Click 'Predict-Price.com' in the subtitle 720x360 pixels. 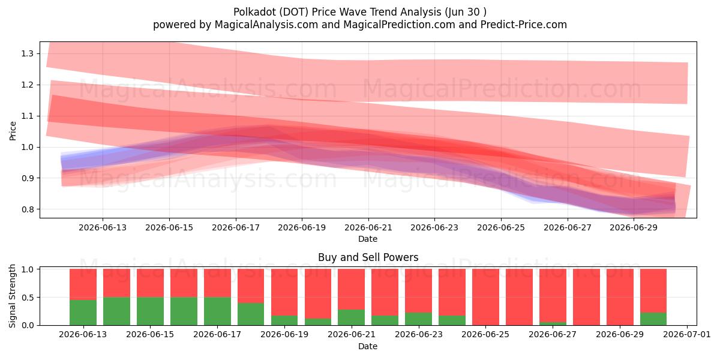click(x=524, y=25)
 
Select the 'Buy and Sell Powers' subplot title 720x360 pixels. click(x=368, y=257)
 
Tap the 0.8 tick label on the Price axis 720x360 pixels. click(x=28, y=209)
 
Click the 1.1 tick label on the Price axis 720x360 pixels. click(x=28, y=116)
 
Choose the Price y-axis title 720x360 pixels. click(x=13, y=131)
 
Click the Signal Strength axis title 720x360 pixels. click(x=12, y=296)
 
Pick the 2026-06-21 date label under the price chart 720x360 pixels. click(x=368, y=227)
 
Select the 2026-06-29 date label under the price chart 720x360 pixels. click(x=634, y=227)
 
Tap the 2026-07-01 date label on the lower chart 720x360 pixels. click(x=687, y=334)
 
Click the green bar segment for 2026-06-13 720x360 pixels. click(x=83, y=313)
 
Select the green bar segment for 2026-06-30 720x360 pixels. click(x=653, y=319)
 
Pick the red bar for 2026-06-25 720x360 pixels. click(x=485, y=297)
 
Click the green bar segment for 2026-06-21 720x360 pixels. click(x=352, y=317)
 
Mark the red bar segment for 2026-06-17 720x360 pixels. click(x=217, y=283)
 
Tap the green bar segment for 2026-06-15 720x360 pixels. click(x=150, y=311)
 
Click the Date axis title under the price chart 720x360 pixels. click(x=368, y=239)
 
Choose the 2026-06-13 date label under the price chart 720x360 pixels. click(x=103, y=227)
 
